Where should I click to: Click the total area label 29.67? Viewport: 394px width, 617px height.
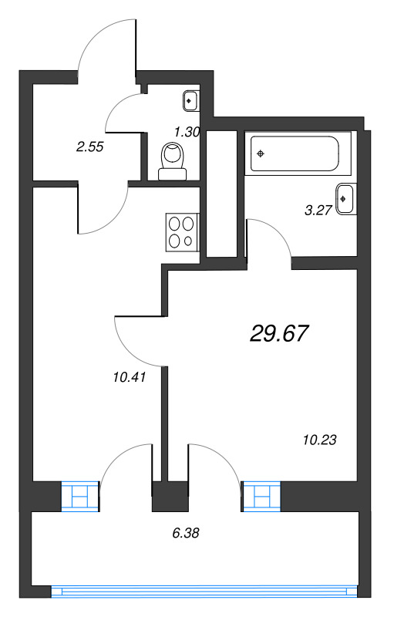(x=279, y=333)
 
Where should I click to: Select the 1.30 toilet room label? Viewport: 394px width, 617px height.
(x=187, y=132)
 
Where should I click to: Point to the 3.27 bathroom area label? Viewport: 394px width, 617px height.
(x=318, y=208)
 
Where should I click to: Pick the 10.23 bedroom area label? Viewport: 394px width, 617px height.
(x=319, y=440)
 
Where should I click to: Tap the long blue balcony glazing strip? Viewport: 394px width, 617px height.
(x=204, y=592)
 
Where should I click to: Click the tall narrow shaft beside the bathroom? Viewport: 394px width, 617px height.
(x=221, y=194)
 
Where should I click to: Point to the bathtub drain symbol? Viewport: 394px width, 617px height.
(x=261, y=153)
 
